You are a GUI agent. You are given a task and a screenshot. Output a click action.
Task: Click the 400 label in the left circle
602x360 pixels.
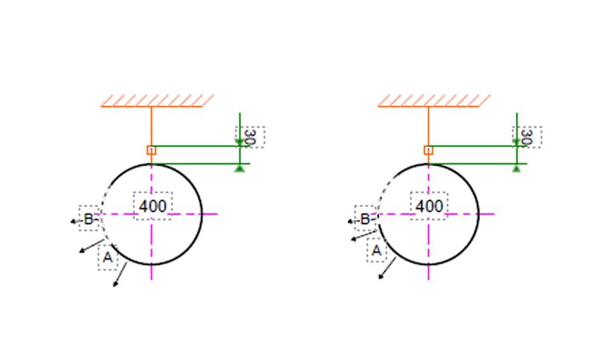click(x=153, y=206)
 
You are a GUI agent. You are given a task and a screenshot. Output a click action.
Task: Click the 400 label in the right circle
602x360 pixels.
click(x=429, y=206)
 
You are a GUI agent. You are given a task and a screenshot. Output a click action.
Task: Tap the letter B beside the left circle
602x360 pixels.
click(x=88, y=219)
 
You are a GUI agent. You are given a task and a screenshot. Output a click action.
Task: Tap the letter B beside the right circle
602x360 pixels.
click(x=365, y=219)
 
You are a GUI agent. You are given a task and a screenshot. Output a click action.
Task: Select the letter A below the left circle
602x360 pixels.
click(x=108, y=257)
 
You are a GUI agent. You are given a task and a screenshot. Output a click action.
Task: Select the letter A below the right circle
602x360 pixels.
click(x=377, y=250)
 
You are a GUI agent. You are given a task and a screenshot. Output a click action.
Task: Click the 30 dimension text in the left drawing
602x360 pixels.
click(x=250, y=137)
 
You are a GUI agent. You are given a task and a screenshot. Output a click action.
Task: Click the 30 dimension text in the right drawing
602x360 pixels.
click(x=527, y=137)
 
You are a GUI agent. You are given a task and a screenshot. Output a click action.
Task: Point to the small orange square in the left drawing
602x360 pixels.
click(x=151, y=150)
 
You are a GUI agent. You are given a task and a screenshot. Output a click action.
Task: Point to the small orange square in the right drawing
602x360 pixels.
click(x=429, y=150)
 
